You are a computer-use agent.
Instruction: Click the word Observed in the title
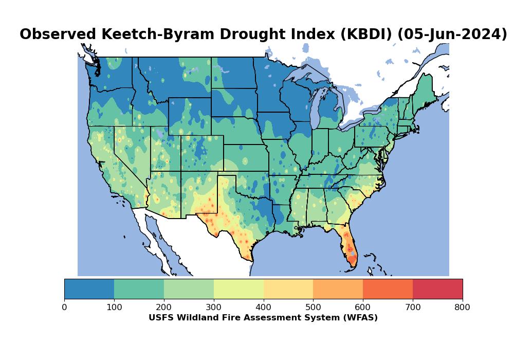(57, 34)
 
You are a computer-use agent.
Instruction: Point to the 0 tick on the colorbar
(64, 307)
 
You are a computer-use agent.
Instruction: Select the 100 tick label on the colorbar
(114, 307)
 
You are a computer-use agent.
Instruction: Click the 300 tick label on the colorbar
(214, 307)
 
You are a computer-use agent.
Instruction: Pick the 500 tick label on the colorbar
(313, 307)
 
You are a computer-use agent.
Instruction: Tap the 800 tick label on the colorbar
(463, 307)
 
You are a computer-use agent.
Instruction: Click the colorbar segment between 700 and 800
(437, 289)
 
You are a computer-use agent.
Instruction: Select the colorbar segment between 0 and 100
(89, 289)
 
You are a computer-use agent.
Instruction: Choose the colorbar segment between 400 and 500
(288, 289)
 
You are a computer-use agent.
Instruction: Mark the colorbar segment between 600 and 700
(388, 289)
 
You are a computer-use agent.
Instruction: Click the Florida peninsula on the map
(350, 247)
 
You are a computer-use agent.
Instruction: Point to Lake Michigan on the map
(315, 111)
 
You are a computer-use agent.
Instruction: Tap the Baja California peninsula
(154, 237)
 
